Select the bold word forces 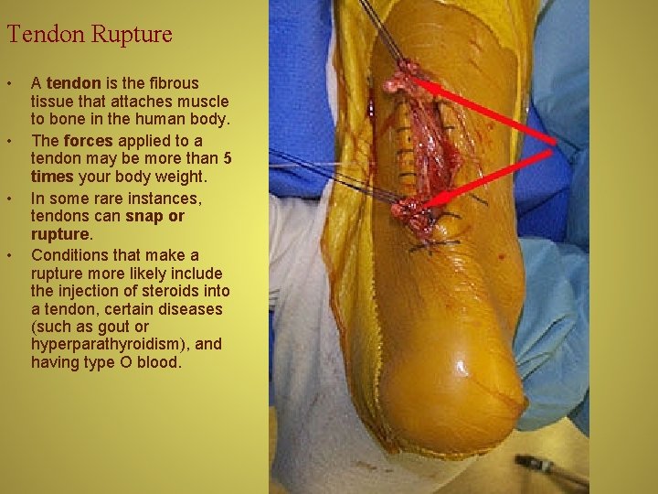(88, 141)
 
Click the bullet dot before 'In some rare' (11, 199)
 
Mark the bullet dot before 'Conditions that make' (11, 255)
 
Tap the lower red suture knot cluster (409, 212)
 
